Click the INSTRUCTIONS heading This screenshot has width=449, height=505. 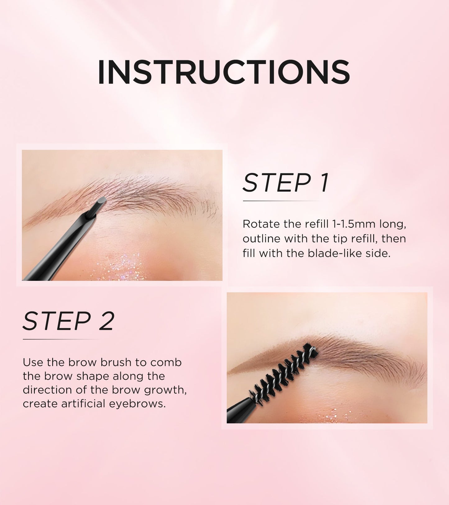tap(224, 72)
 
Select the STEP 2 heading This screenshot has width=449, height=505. tap(69, 321)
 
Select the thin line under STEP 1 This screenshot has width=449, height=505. tap(281, 201)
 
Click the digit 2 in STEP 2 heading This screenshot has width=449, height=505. tap(106, 321)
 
